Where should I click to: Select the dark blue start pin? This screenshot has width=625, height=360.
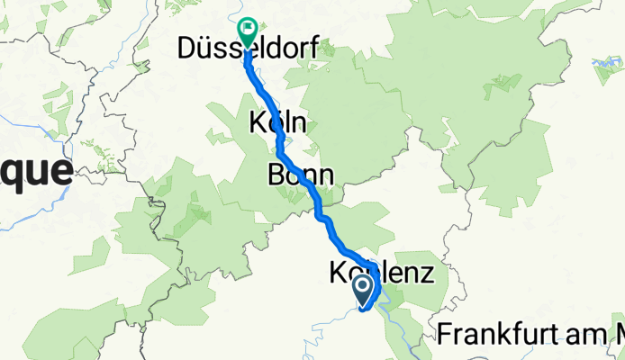coord(363,289)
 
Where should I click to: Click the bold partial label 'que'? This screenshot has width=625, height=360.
coord(36,169)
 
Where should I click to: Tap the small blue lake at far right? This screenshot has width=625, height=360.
coord(604,64)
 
